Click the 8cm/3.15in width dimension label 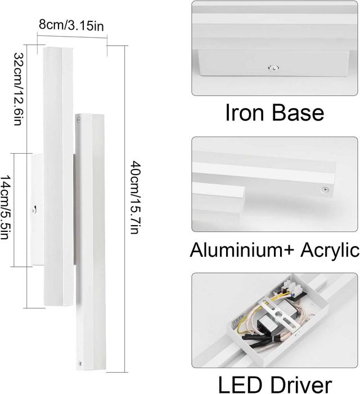click(71, 25)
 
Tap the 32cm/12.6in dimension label click(19, 89)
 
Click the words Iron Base click(274, 113)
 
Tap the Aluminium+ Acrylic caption click(274, 250)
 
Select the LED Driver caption click(275, 384)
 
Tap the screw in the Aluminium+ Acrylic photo click(325, 189)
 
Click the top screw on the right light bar click(79, 120)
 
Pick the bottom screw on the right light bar click(80, 363)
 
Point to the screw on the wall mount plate click(34, 209)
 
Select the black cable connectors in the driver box click(256, 340)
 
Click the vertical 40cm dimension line click(125, 209)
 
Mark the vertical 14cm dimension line click(14, 210)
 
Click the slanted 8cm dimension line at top click(73, 37)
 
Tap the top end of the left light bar click(58, 48)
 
